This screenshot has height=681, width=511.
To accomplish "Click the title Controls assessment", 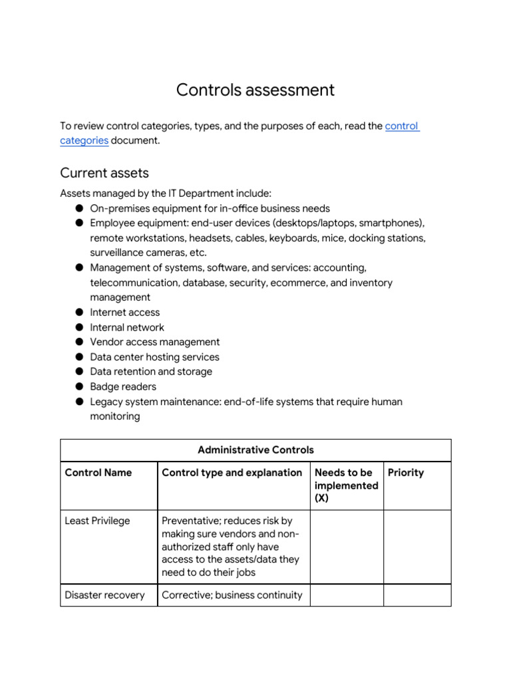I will [255, 90].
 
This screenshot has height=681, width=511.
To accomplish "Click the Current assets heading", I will [104, 173].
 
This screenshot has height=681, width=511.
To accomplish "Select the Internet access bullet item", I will [124, 312].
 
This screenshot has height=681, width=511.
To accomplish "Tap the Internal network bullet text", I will [126, 327].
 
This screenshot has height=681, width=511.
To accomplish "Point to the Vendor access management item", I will [154, 342].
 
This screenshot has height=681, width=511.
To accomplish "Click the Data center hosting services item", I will [154, 356].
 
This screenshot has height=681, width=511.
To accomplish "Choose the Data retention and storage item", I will [151, 371].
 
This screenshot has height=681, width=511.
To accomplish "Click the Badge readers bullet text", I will [123, 386].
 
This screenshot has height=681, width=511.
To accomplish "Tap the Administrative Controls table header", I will [255, 450].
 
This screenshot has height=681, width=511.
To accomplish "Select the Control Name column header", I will [98, 473].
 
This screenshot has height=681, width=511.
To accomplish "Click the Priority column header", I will [405, 473].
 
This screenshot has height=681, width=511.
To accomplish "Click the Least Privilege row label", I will [97, 521].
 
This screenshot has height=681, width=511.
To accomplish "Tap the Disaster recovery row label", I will [104, 595].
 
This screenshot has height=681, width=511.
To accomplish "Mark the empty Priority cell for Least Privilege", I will [417, 547].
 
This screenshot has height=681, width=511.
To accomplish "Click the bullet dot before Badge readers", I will [79, 386].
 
